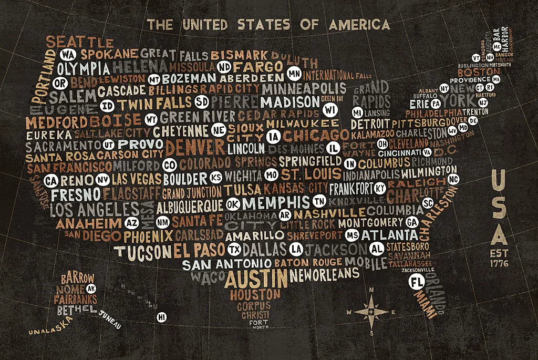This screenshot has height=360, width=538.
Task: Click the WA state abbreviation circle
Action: tap(67, 55)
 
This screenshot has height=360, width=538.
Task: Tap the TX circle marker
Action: tap(235, 248)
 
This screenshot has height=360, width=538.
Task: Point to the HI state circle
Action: tap(162, 317)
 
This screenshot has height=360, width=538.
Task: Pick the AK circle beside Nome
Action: tap(91, 289)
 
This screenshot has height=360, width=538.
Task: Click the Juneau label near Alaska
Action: tap(110, 320)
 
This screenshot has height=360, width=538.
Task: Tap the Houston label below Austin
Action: tap(255, 294)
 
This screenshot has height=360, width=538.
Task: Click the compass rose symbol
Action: tap(371, 312)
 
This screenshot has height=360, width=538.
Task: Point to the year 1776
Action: tap(499, 263)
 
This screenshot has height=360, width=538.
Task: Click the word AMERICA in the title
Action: tap(359, 24)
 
